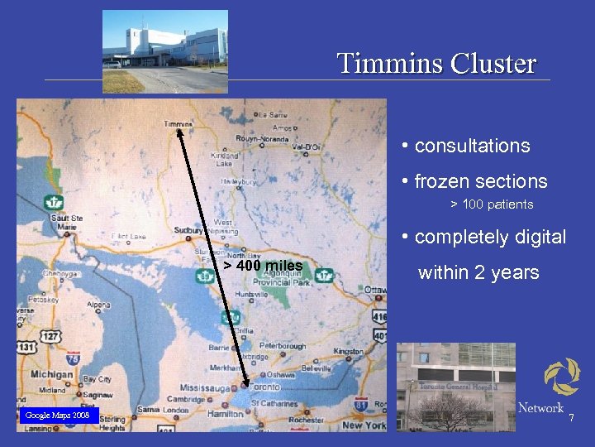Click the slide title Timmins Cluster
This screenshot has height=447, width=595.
pyautogui.click(x=436, y=63)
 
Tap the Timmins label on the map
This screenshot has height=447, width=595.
pyautogui.click(x=178, y=124)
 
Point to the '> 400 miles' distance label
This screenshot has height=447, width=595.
pyautogui.click(x=264, y=266)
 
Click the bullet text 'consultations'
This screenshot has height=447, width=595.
pyautogui.click(x=472, y=146)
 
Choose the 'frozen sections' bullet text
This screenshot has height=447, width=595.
pyautogui.click(x=481, y=181)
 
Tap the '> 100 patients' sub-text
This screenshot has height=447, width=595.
pyautogui.click(x=492, y=204)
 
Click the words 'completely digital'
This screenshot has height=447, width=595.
pyautogui.click(x=490, y=237)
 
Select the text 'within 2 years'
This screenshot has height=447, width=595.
pyautogui.click(x=478, y=272)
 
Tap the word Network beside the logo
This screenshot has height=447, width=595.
pyautogui.click(x=540, y=407)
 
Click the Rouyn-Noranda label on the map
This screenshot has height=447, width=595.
pyautogui.click(x=262, y=138)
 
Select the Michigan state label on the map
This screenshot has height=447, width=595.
pyautogui.click(x=51, y=374)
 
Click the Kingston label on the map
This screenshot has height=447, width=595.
pyautogui.click(x=348, y=352)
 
